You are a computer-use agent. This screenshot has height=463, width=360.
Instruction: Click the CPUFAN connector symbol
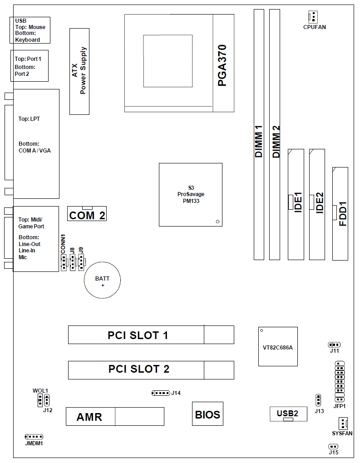point(313,17)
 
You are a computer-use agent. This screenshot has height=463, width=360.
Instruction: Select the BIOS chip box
point(207,414)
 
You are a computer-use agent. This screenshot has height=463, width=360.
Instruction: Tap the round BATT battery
point(103,280)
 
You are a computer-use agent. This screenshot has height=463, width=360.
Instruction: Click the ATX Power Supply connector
point(79,71)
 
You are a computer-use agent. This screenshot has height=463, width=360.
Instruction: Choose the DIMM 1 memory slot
point(259,134)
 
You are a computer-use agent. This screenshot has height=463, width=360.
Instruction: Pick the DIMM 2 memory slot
point(275,134)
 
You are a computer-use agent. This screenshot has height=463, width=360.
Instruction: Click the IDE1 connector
point(296,204)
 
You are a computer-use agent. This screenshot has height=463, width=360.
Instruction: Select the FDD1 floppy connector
point(340,213)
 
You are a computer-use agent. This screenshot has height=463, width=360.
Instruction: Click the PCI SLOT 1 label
point(138,335)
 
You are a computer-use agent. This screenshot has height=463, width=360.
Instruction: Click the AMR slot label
point(89,417)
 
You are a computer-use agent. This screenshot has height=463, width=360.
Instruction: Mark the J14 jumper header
point(160,393)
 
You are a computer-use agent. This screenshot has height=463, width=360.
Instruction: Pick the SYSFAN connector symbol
point(343,423)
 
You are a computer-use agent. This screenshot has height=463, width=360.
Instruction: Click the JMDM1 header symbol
point(34,437)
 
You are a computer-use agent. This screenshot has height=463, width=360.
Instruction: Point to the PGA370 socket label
point(222,65)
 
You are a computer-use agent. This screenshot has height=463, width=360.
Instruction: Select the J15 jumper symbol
point(333,447)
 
